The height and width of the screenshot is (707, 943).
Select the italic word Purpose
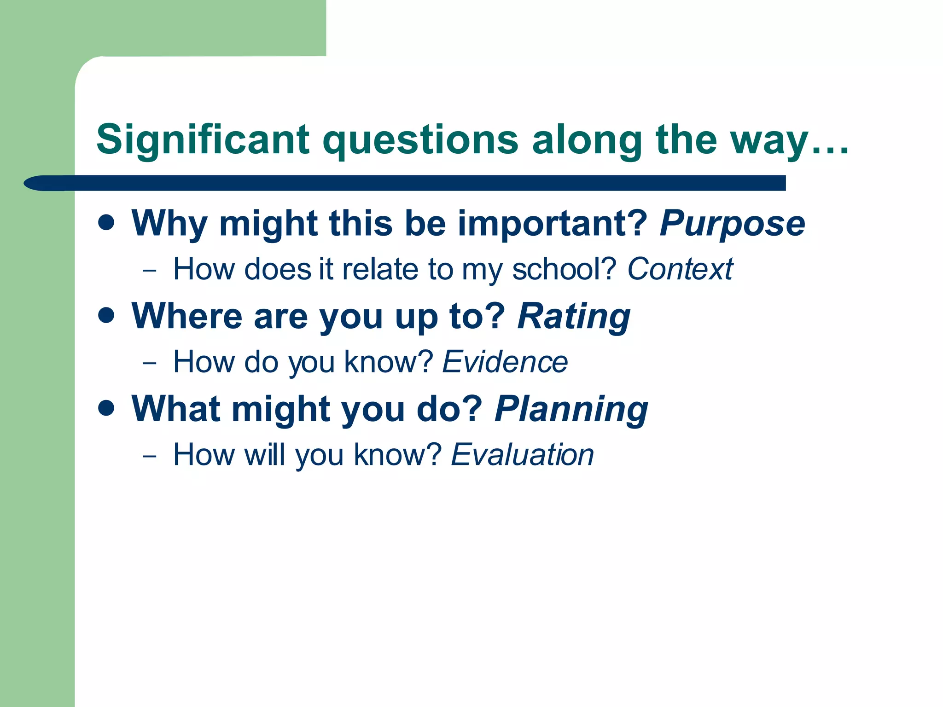(732, 224)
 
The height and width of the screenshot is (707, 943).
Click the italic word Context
(680, 269)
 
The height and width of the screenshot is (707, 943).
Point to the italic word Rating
(574, 317)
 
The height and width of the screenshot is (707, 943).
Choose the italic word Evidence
(505, 362)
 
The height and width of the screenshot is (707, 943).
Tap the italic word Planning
(571, 409)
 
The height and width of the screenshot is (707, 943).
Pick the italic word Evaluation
(522, 455)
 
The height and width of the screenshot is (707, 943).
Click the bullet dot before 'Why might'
(106, 223)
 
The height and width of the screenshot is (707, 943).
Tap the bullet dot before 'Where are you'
(106, 316)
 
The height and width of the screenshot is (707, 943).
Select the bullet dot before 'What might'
(106, 408)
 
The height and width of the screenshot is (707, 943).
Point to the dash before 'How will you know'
(150, 456)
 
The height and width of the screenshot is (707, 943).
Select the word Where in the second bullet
(186, 317)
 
